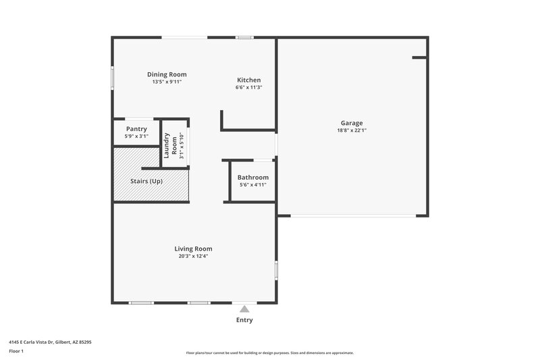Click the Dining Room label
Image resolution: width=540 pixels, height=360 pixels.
click(x=167, y=74)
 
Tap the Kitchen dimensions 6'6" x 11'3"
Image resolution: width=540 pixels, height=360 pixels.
click(x=248, y=87)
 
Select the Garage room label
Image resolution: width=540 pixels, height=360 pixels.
click(x=351, y=123)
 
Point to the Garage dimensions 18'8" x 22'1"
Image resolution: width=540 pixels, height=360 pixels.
click(x=351, y=130)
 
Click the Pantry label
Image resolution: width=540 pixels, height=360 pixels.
click(x=136, y=128)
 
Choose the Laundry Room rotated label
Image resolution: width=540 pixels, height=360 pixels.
click(x=170, y=145)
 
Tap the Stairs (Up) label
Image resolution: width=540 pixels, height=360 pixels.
click(x=146, y=181)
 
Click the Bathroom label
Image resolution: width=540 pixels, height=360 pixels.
click(x=252, y=178)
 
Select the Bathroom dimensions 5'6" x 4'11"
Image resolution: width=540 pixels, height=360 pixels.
click(x=252, y=184)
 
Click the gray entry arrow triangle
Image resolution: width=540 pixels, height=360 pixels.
click(x=244, y=309)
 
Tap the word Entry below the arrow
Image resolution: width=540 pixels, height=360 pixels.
click(x=244, y=320)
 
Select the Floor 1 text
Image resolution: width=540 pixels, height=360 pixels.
click(x=16, y=351)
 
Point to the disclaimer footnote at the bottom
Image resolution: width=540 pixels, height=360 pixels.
click(x=269, y=353)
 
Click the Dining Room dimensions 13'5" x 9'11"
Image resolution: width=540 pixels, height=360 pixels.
click(x=167, y=82)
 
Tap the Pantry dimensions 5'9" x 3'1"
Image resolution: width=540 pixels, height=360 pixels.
click(x=136, y=136)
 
